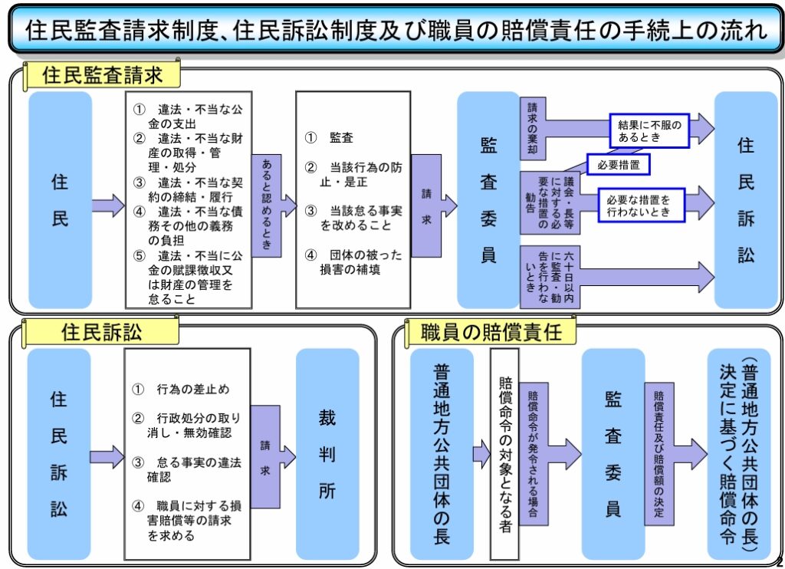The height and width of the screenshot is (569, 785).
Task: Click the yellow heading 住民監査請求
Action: (102, 76)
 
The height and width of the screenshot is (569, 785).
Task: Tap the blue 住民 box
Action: (60, 199)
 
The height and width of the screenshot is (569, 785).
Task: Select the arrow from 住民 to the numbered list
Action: (108, 206)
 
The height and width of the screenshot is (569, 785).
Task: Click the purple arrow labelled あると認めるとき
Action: (273, 206)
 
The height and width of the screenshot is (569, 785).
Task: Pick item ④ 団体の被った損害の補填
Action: (353, 262)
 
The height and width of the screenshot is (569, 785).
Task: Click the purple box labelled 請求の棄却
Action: (533, 128)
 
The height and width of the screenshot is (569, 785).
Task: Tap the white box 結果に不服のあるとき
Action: (649, 130)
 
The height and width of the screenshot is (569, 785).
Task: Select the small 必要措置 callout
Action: (619, 165)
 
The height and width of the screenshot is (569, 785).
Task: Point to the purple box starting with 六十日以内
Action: (550, 277)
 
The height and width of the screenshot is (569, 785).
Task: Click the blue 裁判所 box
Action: (327, 454)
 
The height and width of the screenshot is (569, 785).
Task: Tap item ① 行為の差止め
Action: (181, 390)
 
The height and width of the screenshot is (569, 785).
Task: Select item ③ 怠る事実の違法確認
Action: (187, 469)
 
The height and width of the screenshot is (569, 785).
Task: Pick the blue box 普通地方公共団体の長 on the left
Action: (442, 454)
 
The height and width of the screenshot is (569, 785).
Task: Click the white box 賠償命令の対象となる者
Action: (504, 454)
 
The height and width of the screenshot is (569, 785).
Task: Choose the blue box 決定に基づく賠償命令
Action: (739, 454)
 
